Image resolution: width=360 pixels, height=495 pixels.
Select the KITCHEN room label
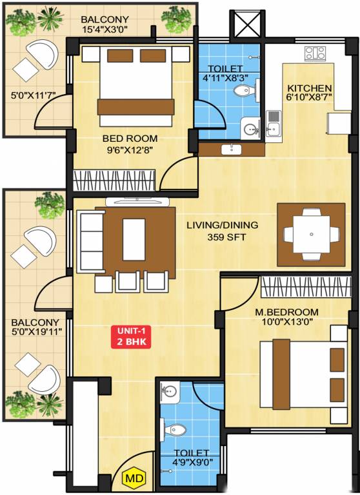click(310, 88)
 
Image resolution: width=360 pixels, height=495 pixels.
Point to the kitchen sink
click(274, 122)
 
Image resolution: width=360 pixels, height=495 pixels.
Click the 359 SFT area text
click(221, 237)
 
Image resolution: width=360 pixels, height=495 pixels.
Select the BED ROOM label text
click(130, 138)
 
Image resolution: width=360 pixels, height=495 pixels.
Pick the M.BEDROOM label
click(286, 312)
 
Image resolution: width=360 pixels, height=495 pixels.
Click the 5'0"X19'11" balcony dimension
click(35, 333)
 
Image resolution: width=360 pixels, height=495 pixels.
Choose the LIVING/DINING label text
click(222, 225)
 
